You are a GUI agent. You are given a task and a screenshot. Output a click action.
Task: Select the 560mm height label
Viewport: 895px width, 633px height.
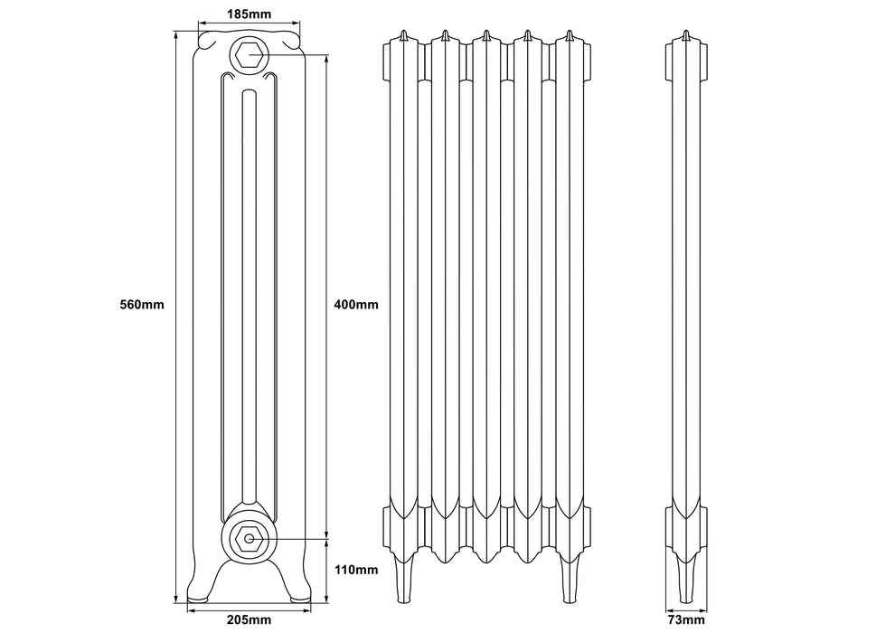pos(142,304)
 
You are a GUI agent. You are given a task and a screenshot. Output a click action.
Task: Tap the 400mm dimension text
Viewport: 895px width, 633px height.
pos(355,304)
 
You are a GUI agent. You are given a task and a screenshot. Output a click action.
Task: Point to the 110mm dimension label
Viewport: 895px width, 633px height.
pos(355,570)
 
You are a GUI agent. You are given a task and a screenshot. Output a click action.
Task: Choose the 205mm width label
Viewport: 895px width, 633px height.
pos(247,619)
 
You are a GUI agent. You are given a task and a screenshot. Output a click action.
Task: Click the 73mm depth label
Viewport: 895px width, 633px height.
pos(685,619)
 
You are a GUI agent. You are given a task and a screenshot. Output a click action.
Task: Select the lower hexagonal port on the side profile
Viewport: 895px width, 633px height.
pos(247,538)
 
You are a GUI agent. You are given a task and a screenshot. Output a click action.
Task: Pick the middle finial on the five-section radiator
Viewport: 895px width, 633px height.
pos(485,36)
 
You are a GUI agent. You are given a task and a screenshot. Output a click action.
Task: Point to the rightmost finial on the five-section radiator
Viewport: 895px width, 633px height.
pos(569,36)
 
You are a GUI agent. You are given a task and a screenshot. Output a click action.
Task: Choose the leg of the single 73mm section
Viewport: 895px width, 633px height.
pos(685,579)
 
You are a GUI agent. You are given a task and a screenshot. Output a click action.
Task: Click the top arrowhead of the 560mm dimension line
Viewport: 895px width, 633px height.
pos(174,36)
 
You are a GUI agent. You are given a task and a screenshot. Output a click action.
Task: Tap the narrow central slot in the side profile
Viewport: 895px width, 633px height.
pos(248,271)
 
